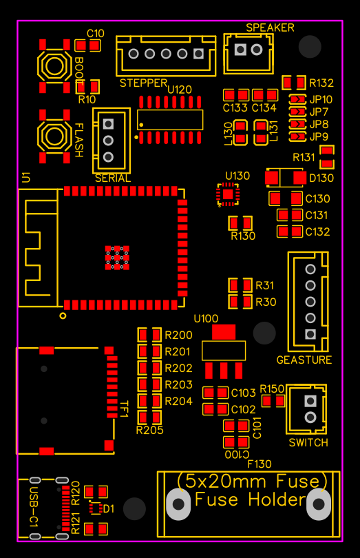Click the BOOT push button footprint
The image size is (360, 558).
(54, 66)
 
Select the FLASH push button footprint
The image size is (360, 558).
(54, 136)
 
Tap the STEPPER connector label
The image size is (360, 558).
(143, 83)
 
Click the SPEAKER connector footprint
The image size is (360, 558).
(248, 50)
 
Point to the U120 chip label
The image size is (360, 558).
(180, 90)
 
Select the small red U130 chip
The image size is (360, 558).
(227, 195)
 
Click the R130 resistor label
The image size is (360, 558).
(243, 236)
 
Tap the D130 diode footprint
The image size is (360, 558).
(285, 178)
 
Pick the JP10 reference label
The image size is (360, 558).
(321, 99)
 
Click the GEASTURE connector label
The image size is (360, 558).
(304, 360)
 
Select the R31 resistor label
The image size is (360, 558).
(265, 285)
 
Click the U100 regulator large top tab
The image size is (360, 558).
(224, 332)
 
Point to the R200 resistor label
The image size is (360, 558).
(179, 335)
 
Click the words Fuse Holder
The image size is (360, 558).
(250, 500)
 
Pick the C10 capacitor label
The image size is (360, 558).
(96, 33)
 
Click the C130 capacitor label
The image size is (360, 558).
(318, 199)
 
